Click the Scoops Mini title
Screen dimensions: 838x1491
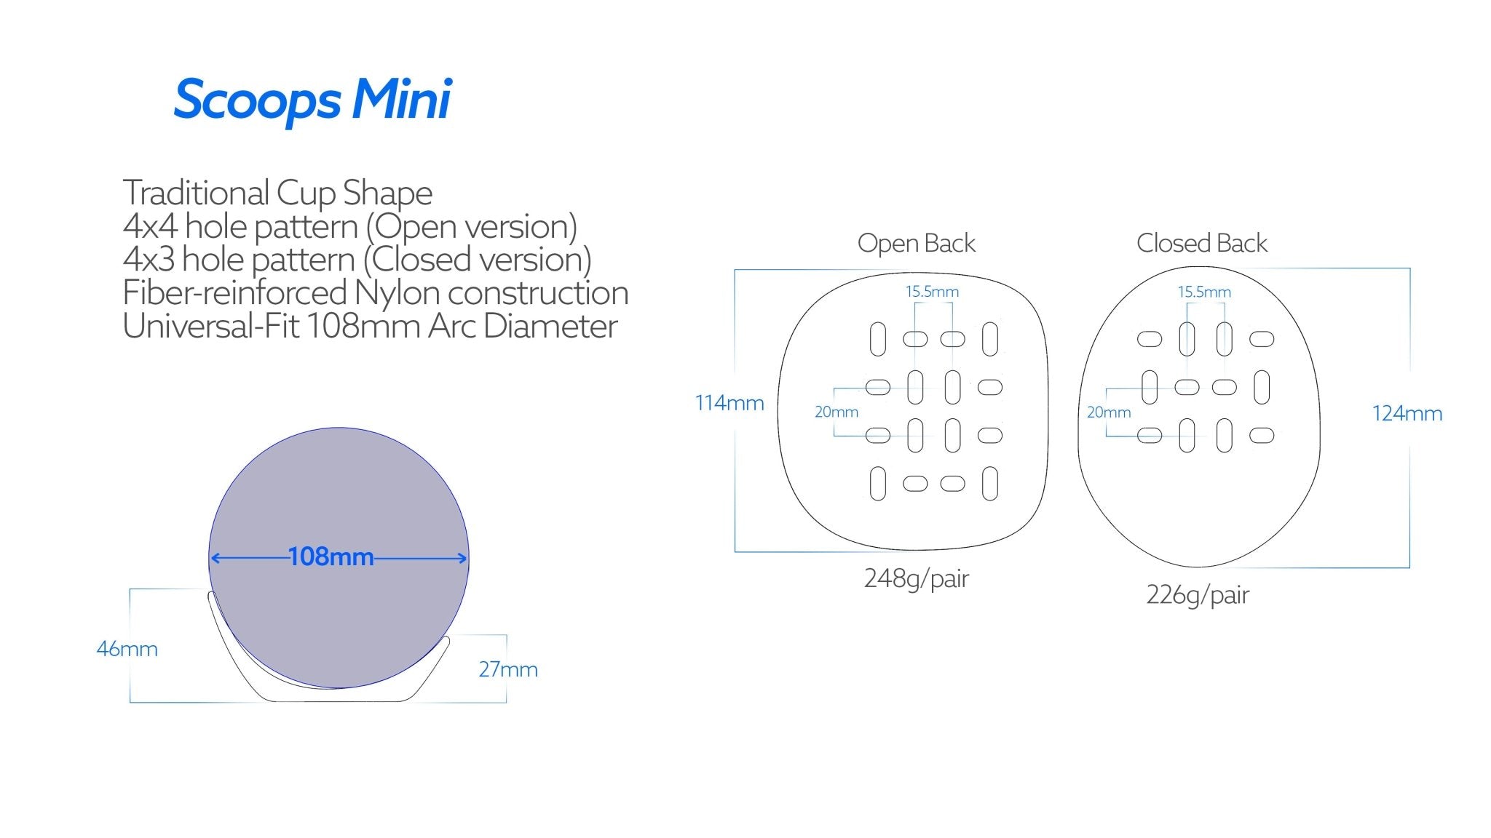(313, 100)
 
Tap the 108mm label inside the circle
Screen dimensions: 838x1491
(331, 557)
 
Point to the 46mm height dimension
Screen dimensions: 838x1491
(127, 649)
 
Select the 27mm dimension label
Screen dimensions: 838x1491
(508, 669)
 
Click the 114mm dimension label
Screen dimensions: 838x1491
(729, 403)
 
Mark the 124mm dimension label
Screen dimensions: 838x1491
(1407, 414)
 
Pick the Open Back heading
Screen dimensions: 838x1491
(916, 243)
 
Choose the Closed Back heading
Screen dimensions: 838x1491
(1201, 243)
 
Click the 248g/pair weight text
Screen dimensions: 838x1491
(916, 579)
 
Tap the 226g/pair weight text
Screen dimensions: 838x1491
(1197, 595)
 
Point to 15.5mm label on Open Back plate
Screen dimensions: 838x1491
(932, 292)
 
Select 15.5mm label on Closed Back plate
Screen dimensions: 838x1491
(1204, 292)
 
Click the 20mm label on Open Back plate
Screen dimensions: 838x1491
(836, 412)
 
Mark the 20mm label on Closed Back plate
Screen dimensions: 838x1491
(1108, 412)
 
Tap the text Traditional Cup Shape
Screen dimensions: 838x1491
(277, 193)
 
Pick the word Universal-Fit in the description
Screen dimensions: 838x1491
(211, 327)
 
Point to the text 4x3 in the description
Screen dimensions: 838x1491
(149, 260)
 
